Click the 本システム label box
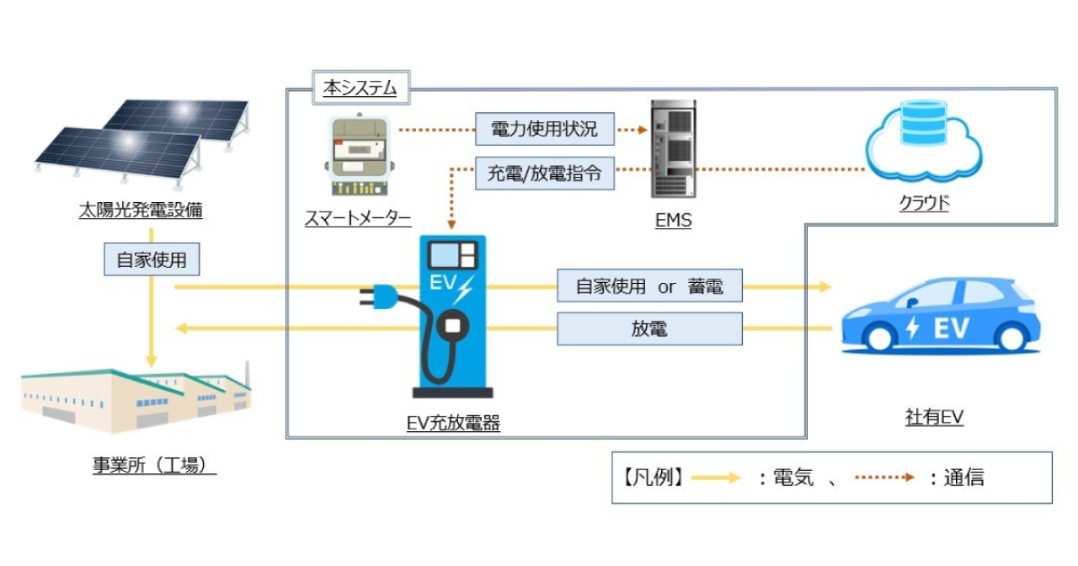click(361, 88)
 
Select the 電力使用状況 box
click(544, 129)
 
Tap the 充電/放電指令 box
click(544, 174)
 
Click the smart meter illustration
click(360, 154)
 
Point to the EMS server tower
click(673, 149)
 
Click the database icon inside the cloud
click(923, 123)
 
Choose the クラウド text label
click(924, 203)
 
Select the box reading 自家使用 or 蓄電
click(649, 286)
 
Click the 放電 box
click(649, 328)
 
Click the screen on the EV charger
click(452, 254)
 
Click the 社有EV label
click(934, 417)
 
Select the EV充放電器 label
click(453, 423)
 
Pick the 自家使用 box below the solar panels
click(152, 259)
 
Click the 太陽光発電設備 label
click(141, 210)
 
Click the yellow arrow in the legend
click(716, 478)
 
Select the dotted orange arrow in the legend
click(884, 478)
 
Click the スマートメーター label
click(358, 218)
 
